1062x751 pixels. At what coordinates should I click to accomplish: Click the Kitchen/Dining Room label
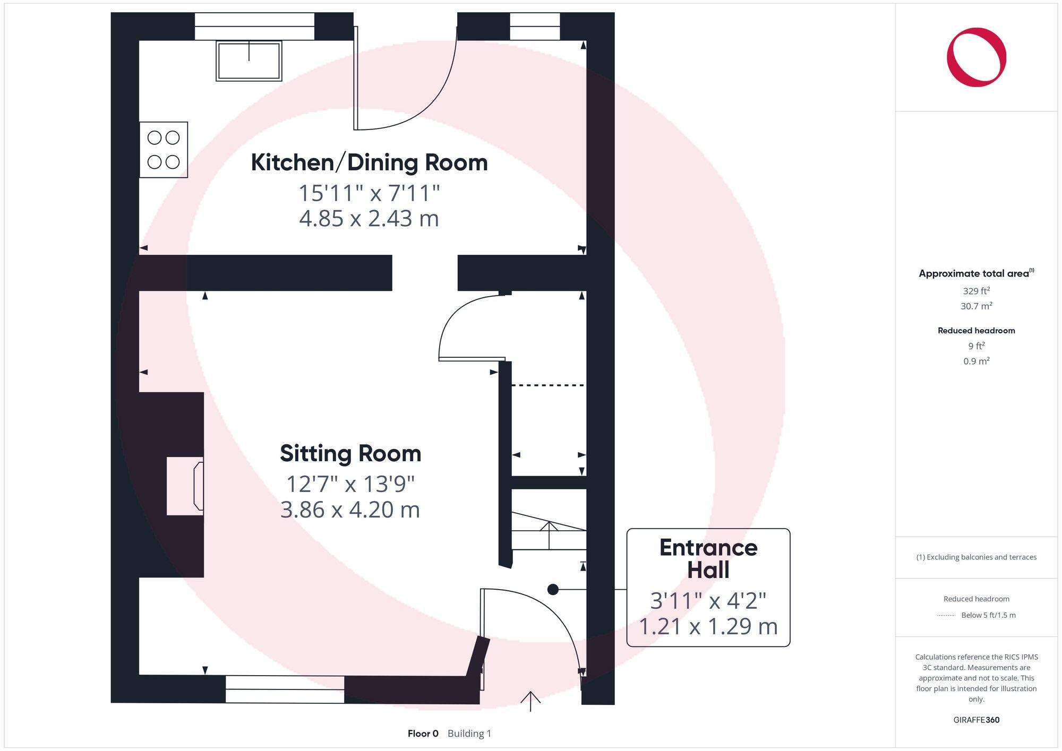pyautogui.click(x=369, y=162)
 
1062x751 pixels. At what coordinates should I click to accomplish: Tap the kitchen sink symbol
pyautogui.click(x=249, y=61)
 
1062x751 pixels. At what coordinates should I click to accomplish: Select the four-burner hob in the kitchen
pyautogui.click(x=164, y=150)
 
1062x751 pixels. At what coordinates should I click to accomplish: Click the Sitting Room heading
pyautogui.click(x=350, y=454)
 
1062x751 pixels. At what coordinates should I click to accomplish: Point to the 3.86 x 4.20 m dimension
pyautogui.click(x=350, y=510)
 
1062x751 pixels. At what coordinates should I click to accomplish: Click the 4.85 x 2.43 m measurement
pyautogui.click(x=369, y=219)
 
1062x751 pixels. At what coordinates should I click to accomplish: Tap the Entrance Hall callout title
pyautogui.click(x=708, y=558)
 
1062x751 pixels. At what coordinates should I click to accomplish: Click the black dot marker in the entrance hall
pyautogui.click(x=553, y=589)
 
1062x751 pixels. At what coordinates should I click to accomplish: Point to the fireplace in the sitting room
pyautogui.click(x=185, y=486)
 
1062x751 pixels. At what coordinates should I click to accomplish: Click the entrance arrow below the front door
pyautogui.click(x=530, y=701)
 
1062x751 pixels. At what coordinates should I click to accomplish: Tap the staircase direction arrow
pyautogui.click(x=549, y=533)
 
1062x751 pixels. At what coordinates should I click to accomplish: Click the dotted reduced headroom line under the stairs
pyautogui.click(x=548, y=385)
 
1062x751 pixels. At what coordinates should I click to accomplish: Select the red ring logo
pyautogui.click(x=976, y=57)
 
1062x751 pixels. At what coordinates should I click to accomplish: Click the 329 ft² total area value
pyautogui.click(x=976, y=291)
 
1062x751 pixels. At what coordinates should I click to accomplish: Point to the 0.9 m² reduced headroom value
pyautogui.click(x=976, y=361)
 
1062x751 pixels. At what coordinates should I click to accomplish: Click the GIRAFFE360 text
pyautogui.click(x=976, y=720)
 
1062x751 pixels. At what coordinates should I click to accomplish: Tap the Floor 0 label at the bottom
pyautogui.click(x=423, y=733)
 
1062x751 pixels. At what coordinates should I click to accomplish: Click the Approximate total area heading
pyautogui.click(x=976, y=273)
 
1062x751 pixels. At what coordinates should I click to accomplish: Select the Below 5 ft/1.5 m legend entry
pyautogui.click(x=988, y=615)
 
